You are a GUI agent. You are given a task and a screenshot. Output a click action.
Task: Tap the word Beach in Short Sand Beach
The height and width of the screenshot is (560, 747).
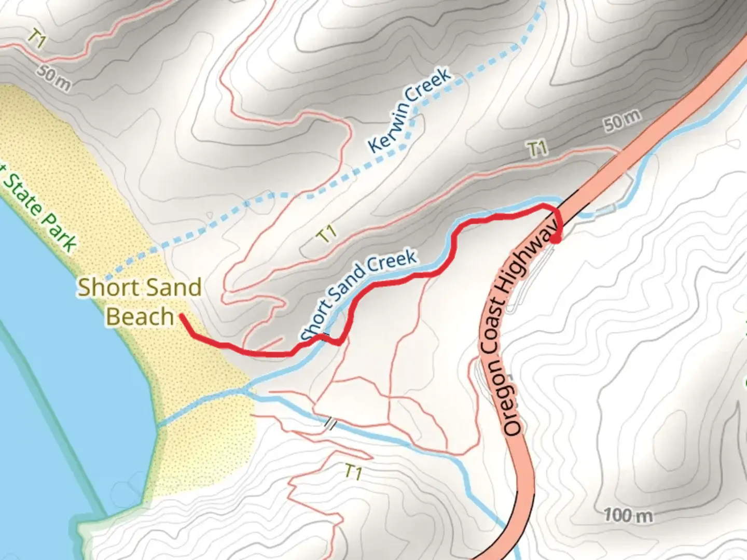140,317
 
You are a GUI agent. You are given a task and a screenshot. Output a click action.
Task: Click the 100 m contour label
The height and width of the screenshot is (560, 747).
628,515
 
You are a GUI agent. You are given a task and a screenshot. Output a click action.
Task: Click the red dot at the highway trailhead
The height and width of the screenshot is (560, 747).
556,239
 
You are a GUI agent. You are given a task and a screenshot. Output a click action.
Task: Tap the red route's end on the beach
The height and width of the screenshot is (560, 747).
181,315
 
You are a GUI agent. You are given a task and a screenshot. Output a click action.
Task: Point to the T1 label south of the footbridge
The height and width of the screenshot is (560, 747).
353,472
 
